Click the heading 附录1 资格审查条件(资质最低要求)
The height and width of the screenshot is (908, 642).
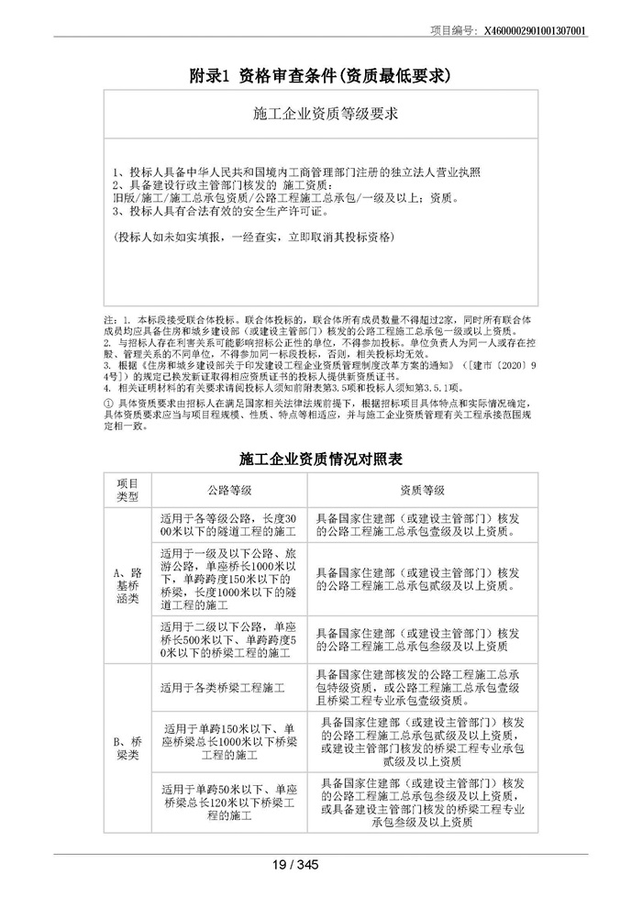[x=321, y=75]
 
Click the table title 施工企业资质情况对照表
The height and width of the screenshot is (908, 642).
[x=321, y=456]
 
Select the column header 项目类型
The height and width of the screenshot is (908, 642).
[x=127, y=490]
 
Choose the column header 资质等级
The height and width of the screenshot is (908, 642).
[x=422, y=490]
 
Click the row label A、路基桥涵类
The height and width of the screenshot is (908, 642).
[x=127, y=585]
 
